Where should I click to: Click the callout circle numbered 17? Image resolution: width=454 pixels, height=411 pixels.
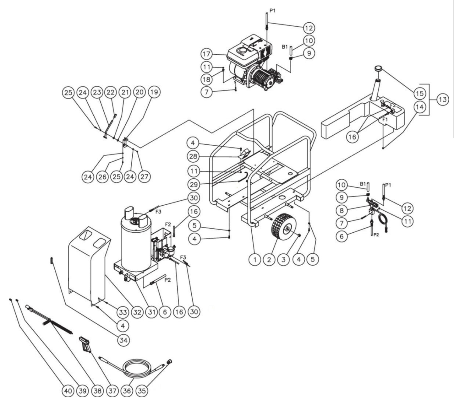click(207, 54)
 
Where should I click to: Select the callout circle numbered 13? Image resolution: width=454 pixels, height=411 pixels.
click(442, 100)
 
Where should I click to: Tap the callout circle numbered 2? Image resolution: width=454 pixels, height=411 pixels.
click(269, 260)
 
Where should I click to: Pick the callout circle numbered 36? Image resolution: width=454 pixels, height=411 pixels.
click(128, 391)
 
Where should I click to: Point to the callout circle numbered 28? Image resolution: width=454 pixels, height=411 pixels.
click(193, 156)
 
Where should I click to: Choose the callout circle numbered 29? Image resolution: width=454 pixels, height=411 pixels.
click(194, 184)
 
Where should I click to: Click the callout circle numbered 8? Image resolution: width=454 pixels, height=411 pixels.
click(342, 211)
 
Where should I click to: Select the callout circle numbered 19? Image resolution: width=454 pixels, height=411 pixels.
click(154, 92)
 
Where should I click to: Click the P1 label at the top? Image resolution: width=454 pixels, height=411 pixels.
click(272, 11)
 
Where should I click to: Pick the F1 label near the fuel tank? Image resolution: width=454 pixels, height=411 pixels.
click(385, 120)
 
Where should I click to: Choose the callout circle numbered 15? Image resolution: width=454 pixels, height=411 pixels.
click(420, 93)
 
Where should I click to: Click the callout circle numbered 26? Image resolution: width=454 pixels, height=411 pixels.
click(102, 177)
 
